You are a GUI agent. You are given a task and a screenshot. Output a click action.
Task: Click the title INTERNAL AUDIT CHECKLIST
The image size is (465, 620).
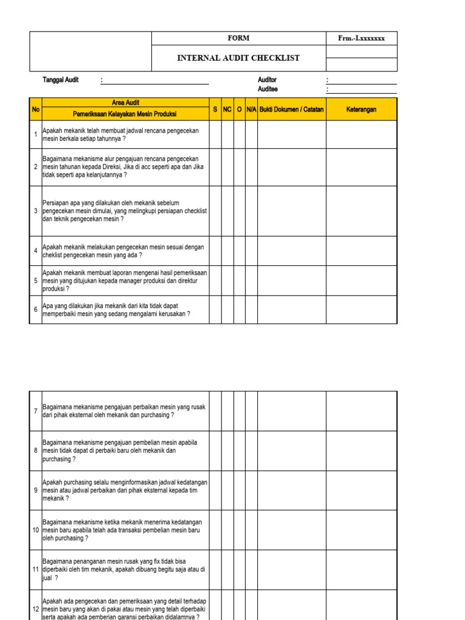pos(238,58)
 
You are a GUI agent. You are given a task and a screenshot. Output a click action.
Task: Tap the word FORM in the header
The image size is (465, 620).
pos(238,38)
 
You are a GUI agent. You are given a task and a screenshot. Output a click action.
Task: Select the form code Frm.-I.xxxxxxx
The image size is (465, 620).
pos(361,38)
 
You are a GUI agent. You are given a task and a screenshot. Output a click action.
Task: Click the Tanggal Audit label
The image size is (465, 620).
pos(61,80)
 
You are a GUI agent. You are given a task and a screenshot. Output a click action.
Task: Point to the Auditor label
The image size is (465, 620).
pos(267,80)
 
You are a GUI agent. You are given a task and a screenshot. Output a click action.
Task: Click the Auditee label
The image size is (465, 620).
pos(268,89)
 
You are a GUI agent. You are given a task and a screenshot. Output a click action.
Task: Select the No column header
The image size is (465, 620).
pos(36,110)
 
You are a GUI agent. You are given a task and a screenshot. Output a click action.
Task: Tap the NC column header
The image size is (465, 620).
pos(228,110)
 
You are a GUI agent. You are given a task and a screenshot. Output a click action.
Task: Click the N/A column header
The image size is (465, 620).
pos(252,110)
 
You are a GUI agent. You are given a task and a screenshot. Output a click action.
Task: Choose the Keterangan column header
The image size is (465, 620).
pos(361,110)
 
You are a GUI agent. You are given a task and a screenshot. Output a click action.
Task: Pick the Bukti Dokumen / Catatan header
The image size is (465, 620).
pos(292,110)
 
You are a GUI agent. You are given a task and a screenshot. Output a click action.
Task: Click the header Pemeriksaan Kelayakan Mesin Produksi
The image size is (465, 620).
pos(125,113)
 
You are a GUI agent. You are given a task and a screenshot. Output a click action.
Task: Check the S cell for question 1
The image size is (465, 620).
pos(215,134)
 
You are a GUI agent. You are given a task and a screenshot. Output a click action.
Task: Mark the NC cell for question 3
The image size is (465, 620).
pos(228,211)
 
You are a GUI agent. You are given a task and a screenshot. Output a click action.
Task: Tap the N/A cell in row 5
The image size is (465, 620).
pos(252,281)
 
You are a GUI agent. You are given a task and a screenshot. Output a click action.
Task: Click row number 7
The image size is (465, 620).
pos(36,411)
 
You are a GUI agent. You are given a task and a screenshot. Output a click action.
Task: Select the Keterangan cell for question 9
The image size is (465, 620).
pos(361,490)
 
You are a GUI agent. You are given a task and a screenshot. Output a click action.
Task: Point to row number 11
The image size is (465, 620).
pos(36,570)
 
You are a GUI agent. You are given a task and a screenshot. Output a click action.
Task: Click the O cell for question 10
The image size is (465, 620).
pos(240,530)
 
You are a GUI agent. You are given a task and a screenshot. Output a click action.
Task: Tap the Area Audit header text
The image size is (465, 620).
pos(125,102)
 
